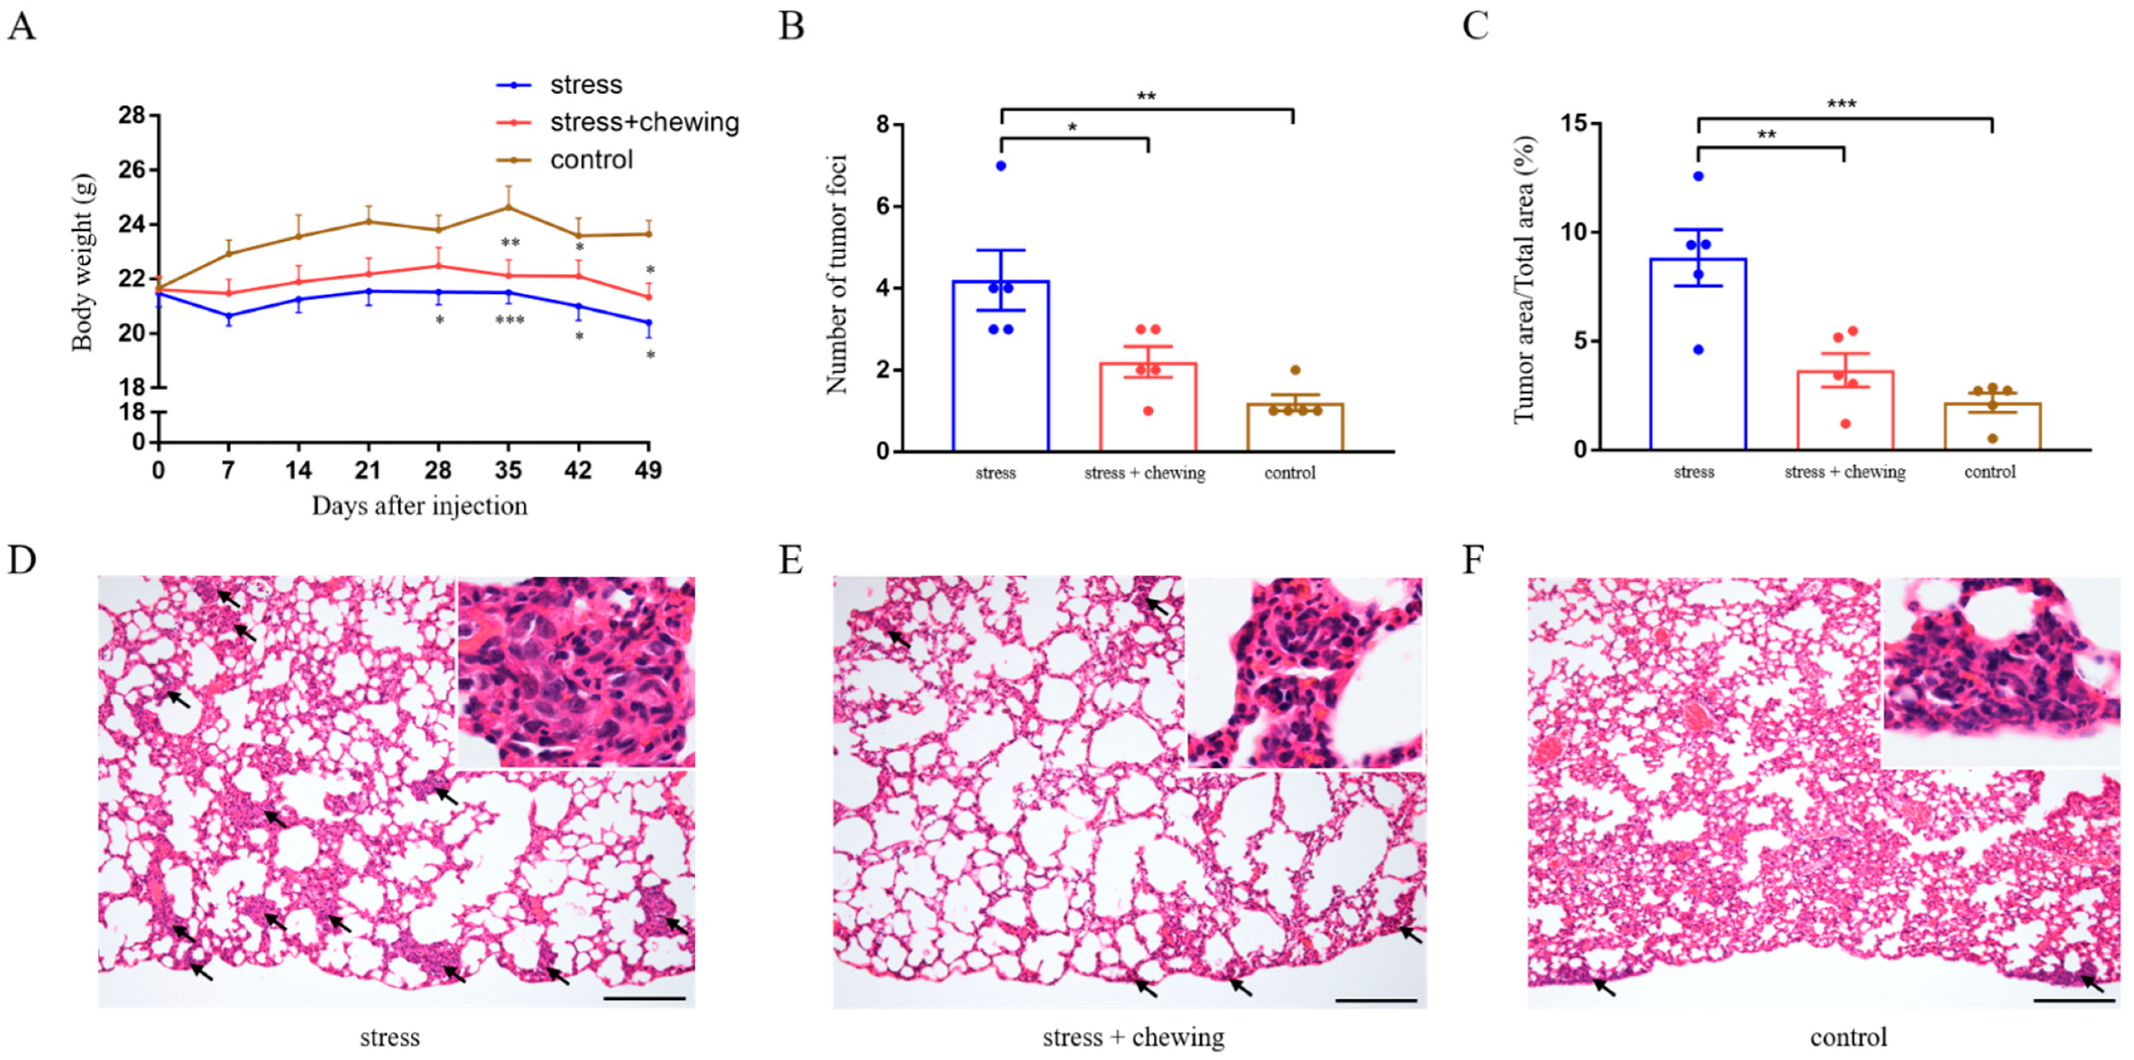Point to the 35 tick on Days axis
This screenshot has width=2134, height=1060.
pos(508,470)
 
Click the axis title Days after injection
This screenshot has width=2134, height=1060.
pos(419,506)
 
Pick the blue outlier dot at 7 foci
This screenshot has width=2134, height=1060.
pos(1001,165)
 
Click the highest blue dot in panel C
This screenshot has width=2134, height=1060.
pos(1698,176)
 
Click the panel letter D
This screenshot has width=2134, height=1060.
pos(22,561)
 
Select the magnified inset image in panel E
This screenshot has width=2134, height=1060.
pos(1305,673)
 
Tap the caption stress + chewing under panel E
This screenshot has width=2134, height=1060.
pos(1133,1038)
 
